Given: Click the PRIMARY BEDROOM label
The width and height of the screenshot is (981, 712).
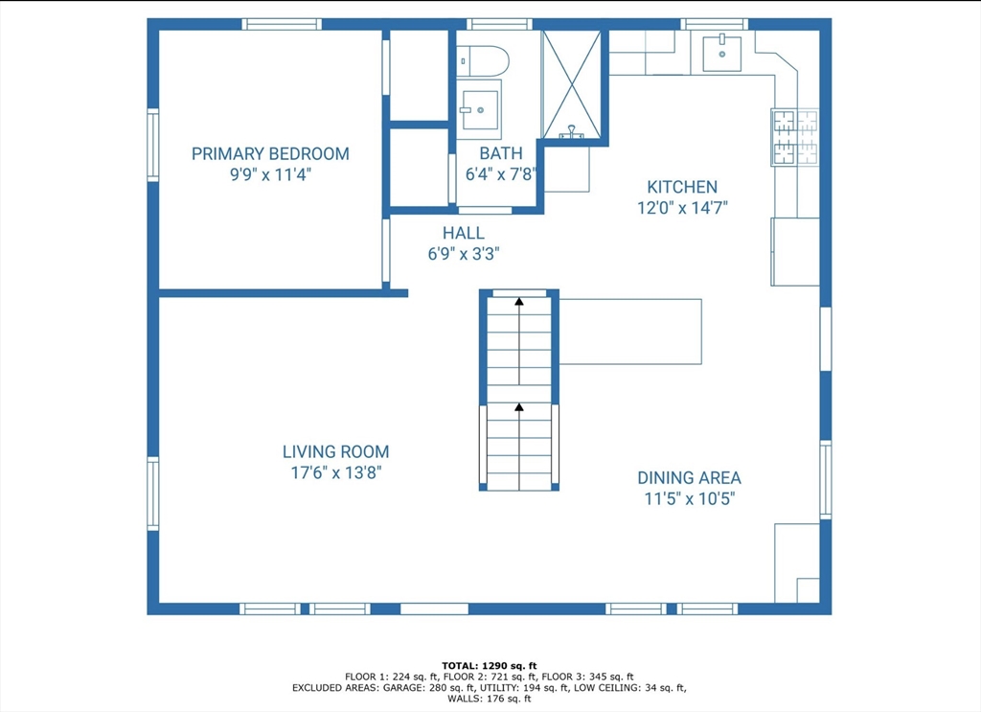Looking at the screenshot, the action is click(270, 154).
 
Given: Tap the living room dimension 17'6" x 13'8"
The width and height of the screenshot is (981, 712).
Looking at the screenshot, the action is click(336, 472).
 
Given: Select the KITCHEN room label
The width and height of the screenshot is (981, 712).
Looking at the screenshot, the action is click(682, 187).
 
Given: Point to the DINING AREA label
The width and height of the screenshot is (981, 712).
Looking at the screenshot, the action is click(689, 478).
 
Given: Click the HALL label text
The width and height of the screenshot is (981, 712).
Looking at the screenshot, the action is click(464, 234).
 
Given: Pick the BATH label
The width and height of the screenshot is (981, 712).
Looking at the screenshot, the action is click(500, 153).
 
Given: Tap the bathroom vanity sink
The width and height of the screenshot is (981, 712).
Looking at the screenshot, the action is click(479, 109).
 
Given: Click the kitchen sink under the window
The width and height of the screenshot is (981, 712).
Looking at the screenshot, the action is click(722, 54).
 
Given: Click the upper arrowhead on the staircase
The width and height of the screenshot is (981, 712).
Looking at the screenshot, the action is click(518, 302).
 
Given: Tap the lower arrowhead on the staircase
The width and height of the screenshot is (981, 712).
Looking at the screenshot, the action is click(518, 407).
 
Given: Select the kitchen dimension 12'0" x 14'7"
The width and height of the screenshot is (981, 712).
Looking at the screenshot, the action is click(682, 208).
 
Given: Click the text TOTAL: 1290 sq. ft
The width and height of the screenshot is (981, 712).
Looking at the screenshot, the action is click(490, 666).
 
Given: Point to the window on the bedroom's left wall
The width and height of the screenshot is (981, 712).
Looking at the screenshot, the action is click(152, 145).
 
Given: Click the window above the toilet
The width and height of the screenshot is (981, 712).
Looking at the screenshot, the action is click(499, 24).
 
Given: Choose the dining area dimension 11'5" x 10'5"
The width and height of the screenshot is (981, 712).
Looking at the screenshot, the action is click(689, 498).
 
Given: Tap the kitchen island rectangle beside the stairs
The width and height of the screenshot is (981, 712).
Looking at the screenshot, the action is click(630, 332).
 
